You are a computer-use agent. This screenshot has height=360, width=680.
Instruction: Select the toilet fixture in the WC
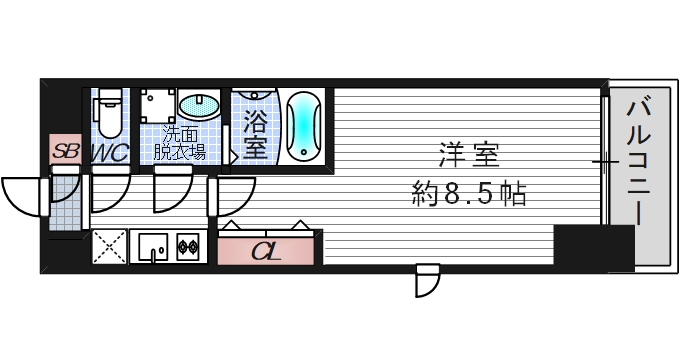(x=110, y=112)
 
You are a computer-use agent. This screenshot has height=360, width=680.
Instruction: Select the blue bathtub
(x=303, y=127)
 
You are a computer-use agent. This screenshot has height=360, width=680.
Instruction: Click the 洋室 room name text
(x=468, y=157)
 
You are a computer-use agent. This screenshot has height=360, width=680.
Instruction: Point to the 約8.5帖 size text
(x=468, y=192)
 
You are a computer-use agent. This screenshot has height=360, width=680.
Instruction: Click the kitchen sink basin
(x=154, y=244)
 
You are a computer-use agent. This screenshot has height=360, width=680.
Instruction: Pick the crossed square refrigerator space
(x=108, y=246)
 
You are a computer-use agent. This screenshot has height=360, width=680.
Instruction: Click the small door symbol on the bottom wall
(x=427, y=279)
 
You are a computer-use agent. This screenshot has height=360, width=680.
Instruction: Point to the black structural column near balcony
(x=593, y=246)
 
